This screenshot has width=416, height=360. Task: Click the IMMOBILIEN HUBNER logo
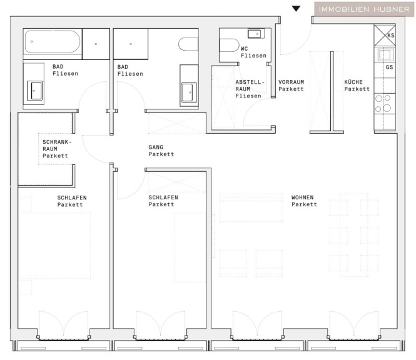(364, 9)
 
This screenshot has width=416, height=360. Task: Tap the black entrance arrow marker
(296, 9)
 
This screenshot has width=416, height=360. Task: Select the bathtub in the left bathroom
(53, 42)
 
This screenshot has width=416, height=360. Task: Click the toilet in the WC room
(229, 46)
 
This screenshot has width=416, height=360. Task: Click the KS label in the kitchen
(391, 35)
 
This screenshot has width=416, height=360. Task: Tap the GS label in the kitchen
(389, 67)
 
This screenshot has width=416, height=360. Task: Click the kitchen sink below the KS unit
(385, 55)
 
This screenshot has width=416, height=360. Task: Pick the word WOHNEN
(302, 197)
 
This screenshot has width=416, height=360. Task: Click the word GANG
(156, 147)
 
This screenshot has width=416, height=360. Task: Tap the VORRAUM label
(291, 82)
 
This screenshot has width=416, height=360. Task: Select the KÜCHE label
(353, 82)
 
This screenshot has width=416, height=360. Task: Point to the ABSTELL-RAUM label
(250, 86)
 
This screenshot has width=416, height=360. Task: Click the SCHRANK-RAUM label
(57, 145)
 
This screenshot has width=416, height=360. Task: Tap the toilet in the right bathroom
(188, 44)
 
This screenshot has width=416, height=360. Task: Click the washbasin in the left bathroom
(35, 91)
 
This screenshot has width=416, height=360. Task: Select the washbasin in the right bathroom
(189, 92)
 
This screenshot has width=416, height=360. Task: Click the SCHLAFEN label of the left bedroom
(72, 197)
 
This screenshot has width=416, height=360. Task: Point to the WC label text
(244, 49)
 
